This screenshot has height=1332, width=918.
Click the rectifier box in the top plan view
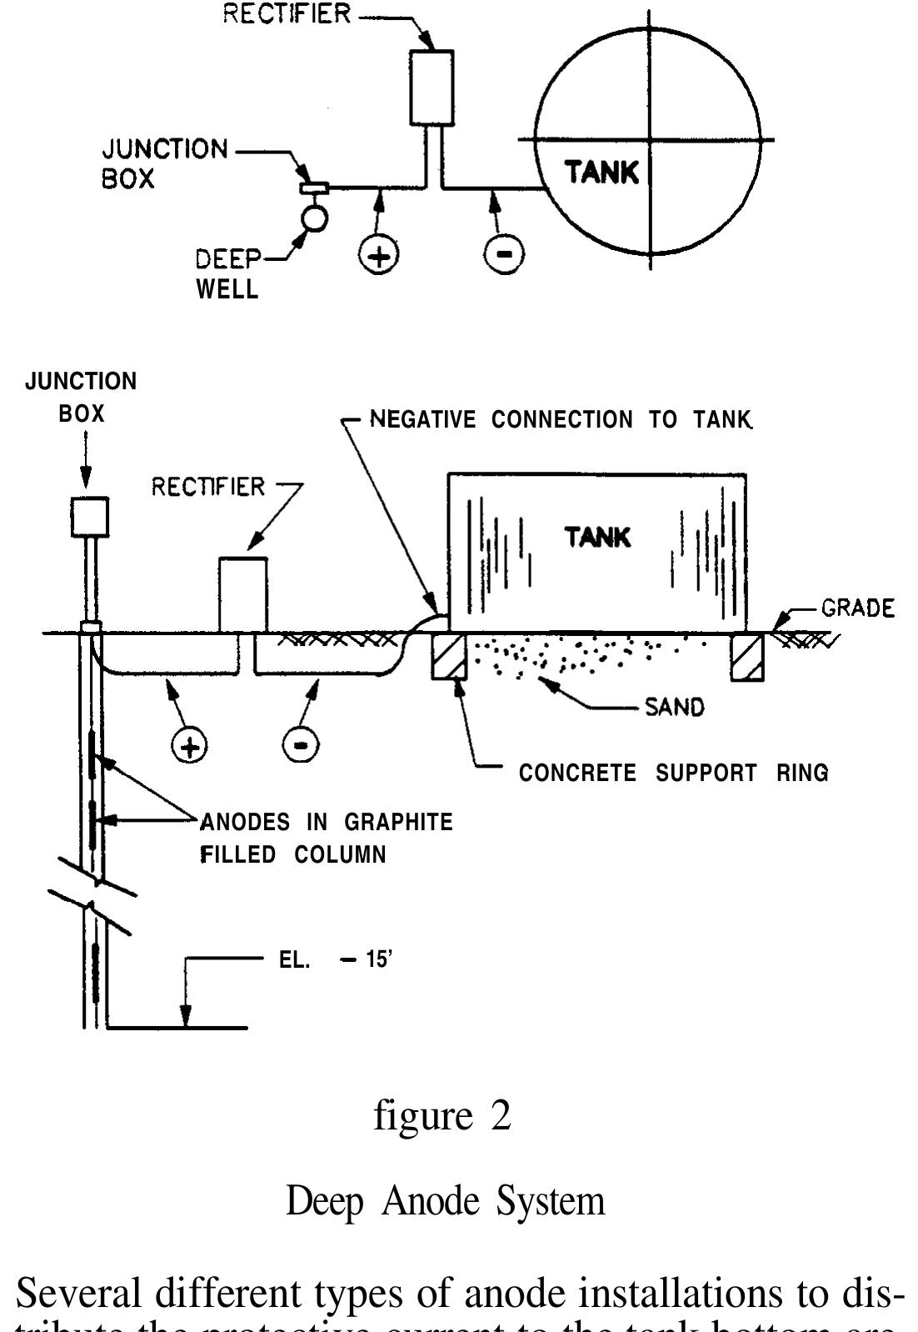point(432,88)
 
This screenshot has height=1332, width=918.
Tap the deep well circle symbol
point(315,218)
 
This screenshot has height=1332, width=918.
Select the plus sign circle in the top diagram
point(378,254)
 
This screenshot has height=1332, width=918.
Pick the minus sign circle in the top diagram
point(505,254)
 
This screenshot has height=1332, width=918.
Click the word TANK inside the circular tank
point(601,173)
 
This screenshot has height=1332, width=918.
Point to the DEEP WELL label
point(227,274)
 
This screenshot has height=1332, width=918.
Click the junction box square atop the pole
point(89,517)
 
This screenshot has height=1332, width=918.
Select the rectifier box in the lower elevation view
point(243,594)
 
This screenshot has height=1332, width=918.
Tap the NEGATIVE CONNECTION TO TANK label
point(561,419)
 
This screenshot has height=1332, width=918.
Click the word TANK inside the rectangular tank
point(597,538)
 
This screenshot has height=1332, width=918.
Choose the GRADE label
point(857,608)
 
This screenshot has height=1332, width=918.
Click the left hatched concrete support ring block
point(448,657)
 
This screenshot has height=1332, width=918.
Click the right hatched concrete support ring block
point(746,657)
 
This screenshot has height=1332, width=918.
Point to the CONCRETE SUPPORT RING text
point(673,773)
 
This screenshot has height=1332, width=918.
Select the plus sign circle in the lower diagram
point(190,744)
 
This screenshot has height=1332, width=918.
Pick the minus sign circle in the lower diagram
point(301,744)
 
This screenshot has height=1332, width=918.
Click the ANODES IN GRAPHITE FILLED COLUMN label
point(326,838)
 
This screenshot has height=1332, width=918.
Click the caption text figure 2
point(442,1115)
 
